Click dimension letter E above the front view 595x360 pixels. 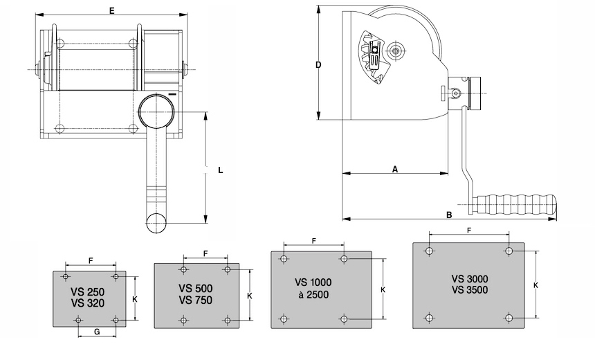(x=111, y=10)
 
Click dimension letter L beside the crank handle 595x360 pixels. (x=221, y=170)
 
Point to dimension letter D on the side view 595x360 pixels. (x=318, y=65)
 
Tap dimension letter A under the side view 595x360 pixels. (x=395, y=169)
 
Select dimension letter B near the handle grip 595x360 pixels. (x=449, y=215)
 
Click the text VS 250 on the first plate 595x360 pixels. (x=87, y=292)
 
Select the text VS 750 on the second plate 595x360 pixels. (x=195, y=300)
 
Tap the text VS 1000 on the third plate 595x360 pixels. (x=313, y=282)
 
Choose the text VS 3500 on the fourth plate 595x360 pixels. (x=470, y=290)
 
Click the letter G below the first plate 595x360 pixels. (x=97, y=332)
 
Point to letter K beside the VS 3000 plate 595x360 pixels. (x=535, y=285)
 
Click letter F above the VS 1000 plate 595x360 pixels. (x=314, y=241)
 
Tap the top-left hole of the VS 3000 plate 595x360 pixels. (x=429, y=251)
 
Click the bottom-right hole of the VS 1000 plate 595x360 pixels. (x=344, y=319)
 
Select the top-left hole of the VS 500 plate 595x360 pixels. (x=183, y=270)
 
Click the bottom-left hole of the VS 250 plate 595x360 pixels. (x=79, y=320)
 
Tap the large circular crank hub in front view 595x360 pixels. (x=157, y=111)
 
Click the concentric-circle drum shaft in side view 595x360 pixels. (x=396, y=50)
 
